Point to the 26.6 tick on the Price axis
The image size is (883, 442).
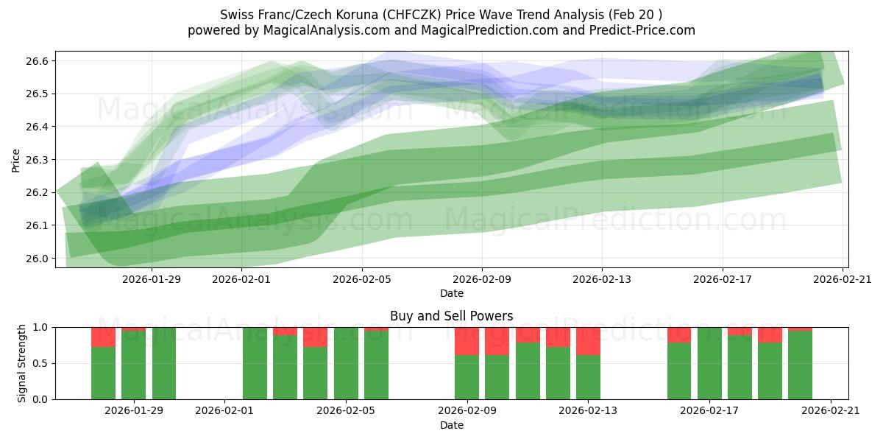(38, 61)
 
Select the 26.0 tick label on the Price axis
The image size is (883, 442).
(38, 259)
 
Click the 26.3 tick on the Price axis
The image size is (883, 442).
(38, 160)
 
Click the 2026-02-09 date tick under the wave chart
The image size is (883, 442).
(482, 278)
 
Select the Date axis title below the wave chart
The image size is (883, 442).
(451, 293)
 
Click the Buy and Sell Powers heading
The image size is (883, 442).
(451, 316)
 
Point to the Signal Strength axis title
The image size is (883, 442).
(22, 362)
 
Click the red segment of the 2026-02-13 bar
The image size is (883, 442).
(588, 341)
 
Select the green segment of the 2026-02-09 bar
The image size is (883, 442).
(467, 377)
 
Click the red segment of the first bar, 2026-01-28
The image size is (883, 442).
(103, 337)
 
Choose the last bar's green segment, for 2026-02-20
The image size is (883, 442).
(800, 365)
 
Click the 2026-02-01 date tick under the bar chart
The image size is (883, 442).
(225, 411)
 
